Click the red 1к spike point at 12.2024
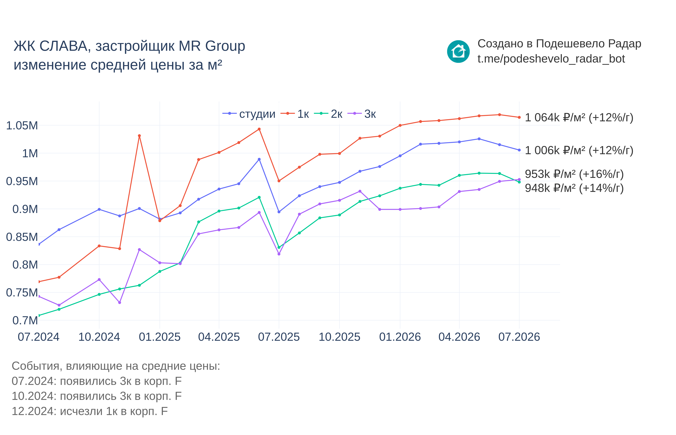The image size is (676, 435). [139, 136]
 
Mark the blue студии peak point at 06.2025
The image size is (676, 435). [259, 159]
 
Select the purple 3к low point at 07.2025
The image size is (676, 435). [279, 254]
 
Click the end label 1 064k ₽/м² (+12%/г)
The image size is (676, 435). [579, 117]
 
